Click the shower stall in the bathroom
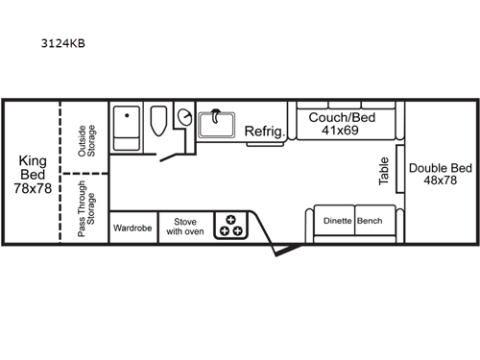(128, 128)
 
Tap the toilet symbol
(159, 122)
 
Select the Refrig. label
(263, 131)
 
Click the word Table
(384, 172)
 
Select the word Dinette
(336, 221)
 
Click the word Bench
(370, 221)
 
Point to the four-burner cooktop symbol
(230, 225)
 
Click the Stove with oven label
(183, 227)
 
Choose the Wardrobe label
(132, 228)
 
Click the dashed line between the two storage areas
(84, 174)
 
